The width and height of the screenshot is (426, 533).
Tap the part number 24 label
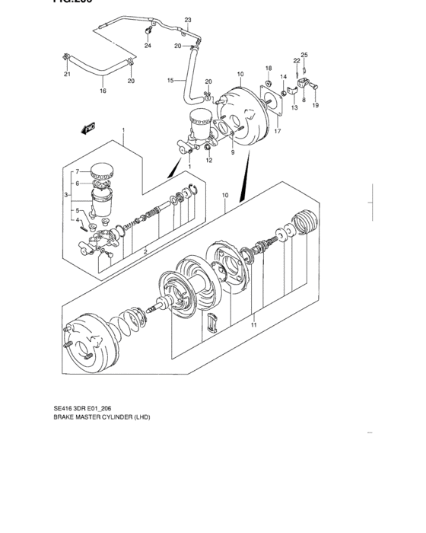[148, 46]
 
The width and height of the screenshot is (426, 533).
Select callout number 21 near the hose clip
[67, 74]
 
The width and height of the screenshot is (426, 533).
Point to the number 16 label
[103, 90]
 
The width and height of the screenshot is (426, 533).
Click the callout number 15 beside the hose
[170, 79]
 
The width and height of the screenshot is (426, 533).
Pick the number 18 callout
[269, 69]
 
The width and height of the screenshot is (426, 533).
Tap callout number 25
[304, 55]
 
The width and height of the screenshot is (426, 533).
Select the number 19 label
[315, 107]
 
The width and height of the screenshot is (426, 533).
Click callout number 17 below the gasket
[278, 131]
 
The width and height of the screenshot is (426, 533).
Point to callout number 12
[208, 160]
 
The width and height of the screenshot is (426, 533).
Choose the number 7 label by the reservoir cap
[76, 171]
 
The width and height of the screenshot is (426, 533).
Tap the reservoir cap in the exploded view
[101, 172]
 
